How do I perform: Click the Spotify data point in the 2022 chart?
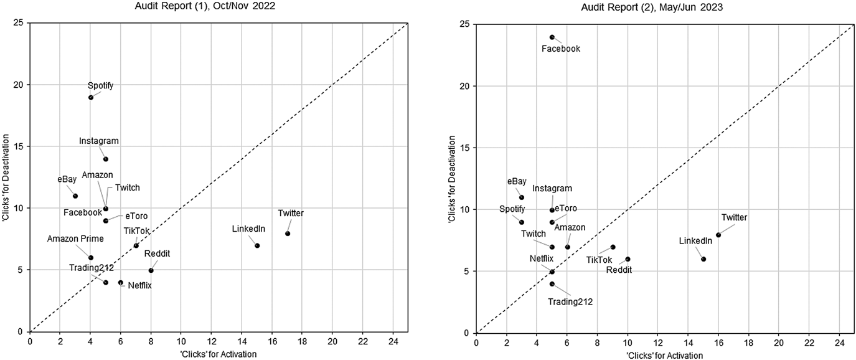pos(91,97)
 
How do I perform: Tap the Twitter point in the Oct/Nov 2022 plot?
pos(288,234)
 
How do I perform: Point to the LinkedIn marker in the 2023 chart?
pos(703,259)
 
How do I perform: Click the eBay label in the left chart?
pos(67,179)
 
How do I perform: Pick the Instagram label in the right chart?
pos(552,188)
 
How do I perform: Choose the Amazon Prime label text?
pos(75,239)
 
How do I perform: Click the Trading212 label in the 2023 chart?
pos(570,301)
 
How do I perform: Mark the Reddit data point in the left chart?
pos(151,270)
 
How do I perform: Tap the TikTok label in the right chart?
pos(599,260)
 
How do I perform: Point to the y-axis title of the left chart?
pos(6,178)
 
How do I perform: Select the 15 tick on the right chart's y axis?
pos(464,148)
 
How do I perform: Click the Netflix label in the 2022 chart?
pos(139,286)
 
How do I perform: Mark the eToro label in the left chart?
pos(136,216)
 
